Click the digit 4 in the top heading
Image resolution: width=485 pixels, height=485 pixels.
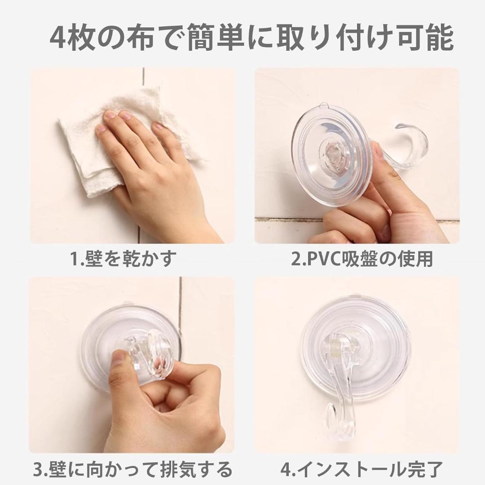point(58,38)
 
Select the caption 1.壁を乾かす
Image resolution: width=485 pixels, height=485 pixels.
point(123,258)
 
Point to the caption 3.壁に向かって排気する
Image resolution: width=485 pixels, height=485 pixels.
point(132,469)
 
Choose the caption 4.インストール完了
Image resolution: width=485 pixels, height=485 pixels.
point(361,469)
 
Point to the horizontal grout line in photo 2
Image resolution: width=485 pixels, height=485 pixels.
point(356,220)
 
